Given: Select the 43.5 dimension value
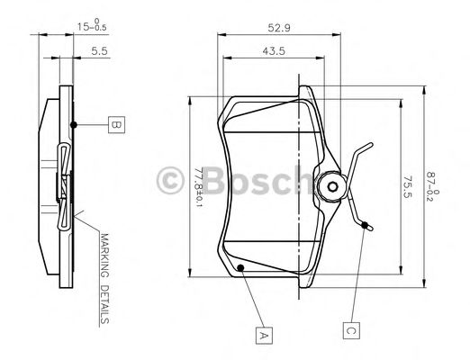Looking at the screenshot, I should (274, 50).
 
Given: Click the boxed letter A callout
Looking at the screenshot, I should (263, 336).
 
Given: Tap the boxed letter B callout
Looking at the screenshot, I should (114, 124).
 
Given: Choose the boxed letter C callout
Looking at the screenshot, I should (351, 329).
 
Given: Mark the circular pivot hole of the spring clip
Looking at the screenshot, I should (331, 188).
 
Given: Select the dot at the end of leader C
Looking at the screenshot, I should (365, 226).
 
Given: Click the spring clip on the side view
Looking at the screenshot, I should (64, 185).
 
